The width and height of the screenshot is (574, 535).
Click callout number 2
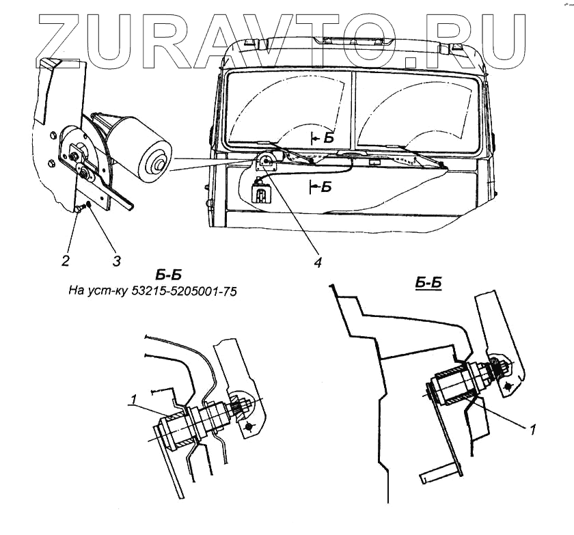coord(66,260)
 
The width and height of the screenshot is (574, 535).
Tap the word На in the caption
coord(77,290)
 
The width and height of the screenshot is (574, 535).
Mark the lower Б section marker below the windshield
coord(326,186)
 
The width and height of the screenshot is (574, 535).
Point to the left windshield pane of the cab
coord(287,109)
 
